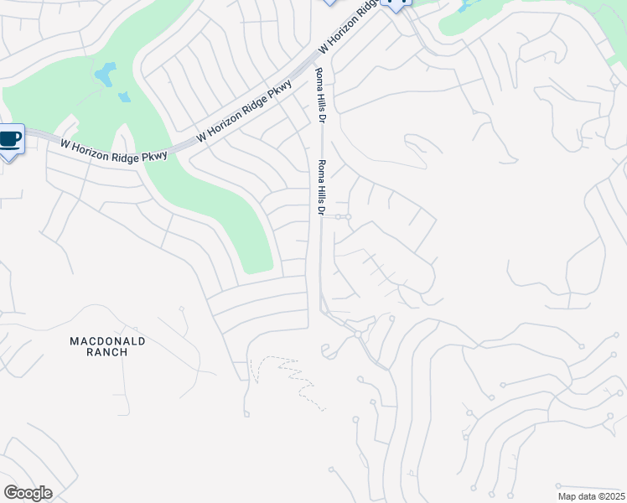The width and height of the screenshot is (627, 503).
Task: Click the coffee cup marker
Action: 10,140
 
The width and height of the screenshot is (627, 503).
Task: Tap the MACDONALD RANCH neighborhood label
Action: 107,346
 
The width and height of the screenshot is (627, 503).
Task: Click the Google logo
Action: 28,493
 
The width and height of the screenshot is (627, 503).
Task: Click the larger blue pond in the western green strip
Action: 105,75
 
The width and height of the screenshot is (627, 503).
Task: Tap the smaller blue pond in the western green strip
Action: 124,97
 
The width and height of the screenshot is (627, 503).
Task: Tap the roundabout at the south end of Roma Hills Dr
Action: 358,334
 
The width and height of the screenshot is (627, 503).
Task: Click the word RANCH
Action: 107,352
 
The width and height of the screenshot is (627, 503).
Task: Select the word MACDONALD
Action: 107,341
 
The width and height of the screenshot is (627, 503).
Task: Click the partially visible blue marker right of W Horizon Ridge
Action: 396,4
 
